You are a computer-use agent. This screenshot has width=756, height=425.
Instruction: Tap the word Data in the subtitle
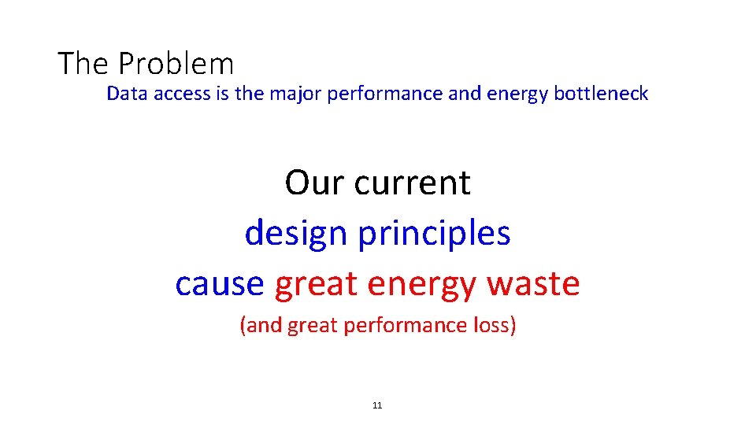(x=123, y=94)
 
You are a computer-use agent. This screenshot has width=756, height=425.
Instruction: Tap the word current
(x=412, y=183)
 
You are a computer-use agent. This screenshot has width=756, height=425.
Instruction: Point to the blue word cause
(x=220, y=283)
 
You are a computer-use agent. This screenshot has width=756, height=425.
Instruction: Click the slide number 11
(x=376, y=405)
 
